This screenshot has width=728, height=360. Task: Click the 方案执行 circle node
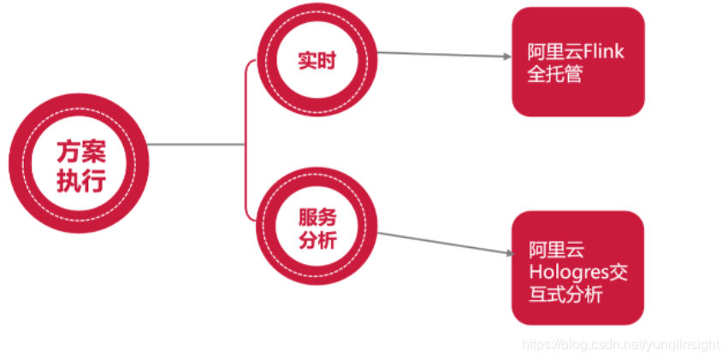pos(80,164)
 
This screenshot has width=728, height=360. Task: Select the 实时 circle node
pos(317,62)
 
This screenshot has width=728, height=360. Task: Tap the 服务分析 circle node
pos(317,228)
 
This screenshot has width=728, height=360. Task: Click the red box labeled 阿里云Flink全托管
pos(577,62)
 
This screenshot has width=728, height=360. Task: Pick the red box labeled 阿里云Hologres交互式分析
pos(577,268)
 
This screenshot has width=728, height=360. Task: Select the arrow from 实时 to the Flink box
pos(441,55)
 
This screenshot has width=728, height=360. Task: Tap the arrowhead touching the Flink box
pos(506,57)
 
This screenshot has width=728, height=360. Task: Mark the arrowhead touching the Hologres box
pos(506,252)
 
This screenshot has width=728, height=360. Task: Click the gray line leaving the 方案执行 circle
pos(197,145)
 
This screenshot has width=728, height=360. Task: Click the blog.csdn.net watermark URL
pos(620,344)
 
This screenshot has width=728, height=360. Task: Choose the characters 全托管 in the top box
pos(555,74)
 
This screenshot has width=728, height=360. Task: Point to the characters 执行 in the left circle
pos(80,180)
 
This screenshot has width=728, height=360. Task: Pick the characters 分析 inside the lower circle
pos(317,240)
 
